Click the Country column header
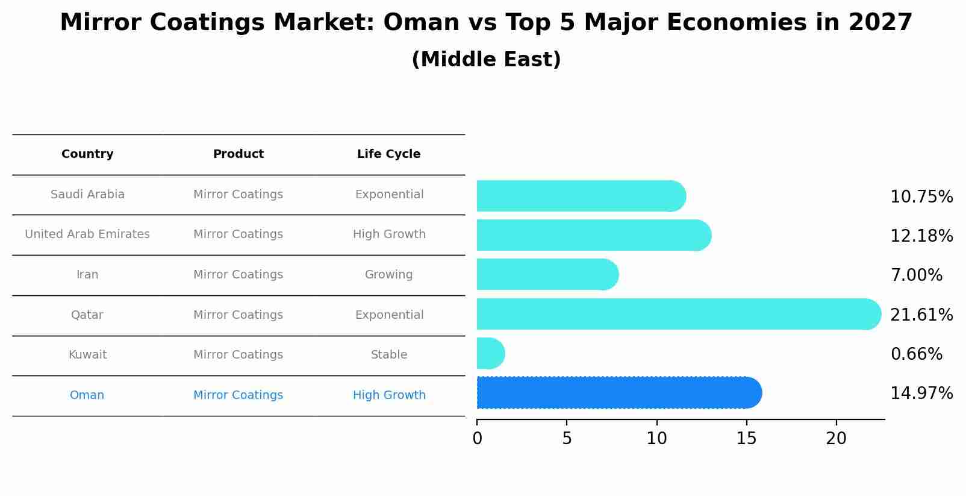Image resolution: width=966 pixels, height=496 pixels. (x=87, y=154)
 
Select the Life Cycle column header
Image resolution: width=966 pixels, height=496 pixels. (x=388, y=154)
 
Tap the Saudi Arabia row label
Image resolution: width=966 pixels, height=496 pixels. (x=87, y=195)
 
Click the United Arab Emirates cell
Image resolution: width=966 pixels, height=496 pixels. (x=87, y=234)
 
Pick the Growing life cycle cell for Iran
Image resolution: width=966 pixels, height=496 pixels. (x=388, y=275)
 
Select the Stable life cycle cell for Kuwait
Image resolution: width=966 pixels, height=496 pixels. (x=388, y=355)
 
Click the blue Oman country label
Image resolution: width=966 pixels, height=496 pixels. (x=87, y=395)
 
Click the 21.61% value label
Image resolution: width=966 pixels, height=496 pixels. (x=921, y=315)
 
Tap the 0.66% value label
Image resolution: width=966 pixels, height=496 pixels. (x=916, y=354)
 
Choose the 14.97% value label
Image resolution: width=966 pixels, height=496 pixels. (x=921, y=394)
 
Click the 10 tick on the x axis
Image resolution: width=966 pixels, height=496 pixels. (x=656, y=439)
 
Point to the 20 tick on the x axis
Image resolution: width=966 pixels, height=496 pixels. (x=836, y=439)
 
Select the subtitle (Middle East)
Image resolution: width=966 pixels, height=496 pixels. (x=486, y=60)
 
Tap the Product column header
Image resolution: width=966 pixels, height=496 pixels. (x=238, y=154)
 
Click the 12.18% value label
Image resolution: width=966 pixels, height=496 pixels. (x=921, y=236)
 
